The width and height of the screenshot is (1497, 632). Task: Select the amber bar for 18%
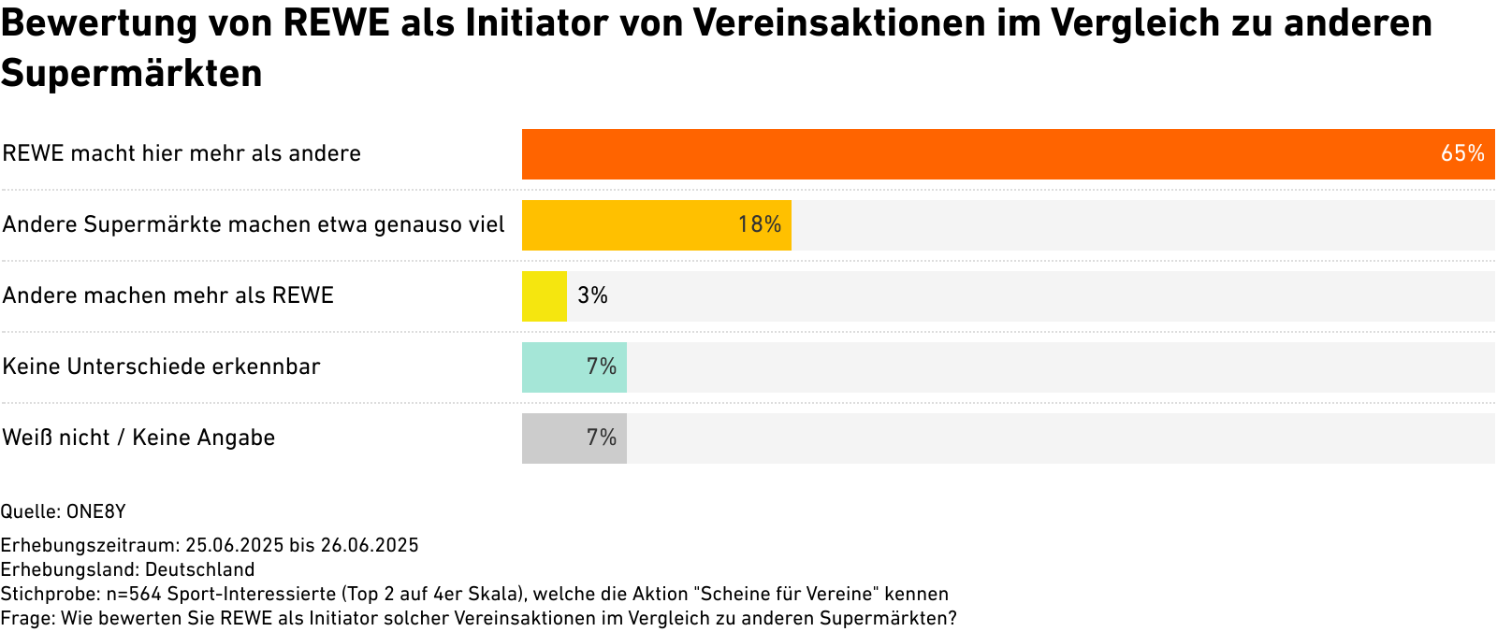pos(636,225)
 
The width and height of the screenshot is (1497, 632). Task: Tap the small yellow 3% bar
pos(545,296)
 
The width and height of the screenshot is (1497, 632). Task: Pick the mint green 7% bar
pos(561,367)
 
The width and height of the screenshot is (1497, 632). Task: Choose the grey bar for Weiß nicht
pos(561,438)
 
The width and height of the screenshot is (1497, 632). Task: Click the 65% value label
pos(1462,153)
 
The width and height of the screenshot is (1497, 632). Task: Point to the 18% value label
pos(759,224)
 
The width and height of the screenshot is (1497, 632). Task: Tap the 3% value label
pos(592,295)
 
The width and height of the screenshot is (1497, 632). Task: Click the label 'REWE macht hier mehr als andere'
pos(182,153)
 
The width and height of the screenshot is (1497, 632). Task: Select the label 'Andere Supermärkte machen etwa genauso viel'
pos(254,224)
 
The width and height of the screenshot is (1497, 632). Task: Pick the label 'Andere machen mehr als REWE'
pos(168,295)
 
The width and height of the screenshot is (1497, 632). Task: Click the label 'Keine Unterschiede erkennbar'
pos(161,366)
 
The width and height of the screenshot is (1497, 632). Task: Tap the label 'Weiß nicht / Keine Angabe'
pos(138,438)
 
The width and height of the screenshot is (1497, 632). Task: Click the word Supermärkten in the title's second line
pos(132,73)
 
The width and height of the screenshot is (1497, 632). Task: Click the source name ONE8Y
pos(95,511)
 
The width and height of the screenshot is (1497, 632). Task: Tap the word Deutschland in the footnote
pos(199,569)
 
